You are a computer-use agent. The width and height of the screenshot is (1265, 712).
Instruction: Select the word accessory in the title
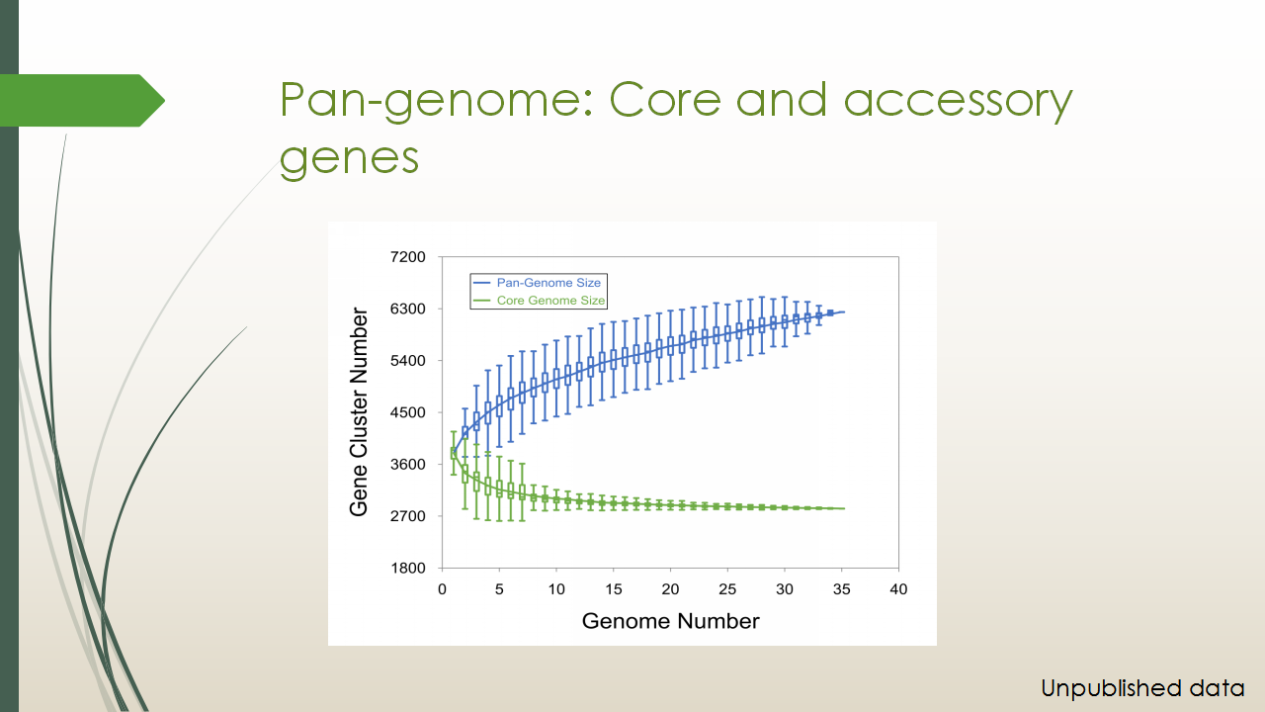(x=958, y=102)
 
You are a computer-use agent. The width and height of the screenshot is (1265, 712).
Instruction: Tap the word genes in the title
(x=349, y=159)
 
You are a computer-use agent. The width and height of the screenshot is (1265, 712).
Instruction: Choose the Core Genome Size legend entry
(x=539, y=300)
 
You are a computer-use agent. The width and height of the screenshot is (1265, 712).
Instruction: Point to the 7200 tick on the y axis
(x=408, y=257)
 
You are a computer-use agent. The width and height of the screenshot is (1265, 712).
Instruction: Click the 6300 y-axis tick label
(x=408, y=310)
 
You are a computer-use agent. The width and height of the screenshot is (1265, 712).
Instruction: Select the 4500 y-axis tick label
(x=408, y=412)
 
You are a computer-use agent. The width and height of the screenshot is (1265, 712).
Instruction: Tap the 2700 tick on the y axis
(x=408, y=516)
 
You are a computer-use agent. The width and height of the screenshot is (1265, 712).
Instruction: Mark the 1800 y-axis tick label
(x=408, y=568)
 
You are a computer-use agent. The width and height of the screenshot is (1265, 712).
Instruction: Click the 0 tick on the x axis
(x=442, y=589)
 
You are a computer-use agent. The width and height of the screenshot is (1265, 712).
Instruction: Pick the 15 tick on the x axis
(x=614, y=589)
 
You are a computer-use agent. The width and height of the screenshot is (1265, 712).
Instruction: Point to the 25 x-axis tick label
(x=727, y=589)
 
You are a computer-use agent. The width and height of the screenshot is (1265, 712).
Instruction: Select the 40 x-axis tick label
(x=898, y=589)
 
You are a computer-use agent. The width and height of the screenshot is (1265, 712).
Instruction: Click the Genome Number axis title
(x=670, y=621)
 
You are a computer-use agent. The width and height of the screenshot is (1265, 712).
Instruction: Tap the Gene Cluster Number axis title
(x=359, y=412)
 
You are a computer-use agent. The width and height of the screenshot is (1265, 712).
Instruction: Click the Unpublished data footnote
(x=1142, y=688)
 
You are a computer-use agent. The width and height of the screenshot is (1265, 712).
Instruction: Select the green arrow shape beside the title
(x=82, y=101)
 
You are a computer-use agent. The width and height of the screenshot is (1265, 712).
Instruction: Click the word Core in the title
(x=665, y=101)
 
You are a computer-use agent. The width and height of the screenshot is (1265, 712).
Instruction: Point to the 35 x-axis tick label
(x=841, y=589)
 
